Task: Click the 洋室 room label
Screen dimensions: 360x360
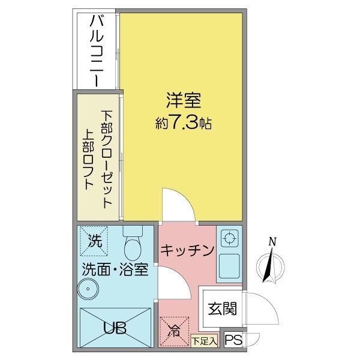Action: coord(183,98)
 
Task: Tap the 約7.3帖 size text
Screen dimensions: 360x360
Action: coord(183,124)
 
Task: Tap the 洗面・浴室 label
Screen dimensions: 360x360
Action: coord(115,269)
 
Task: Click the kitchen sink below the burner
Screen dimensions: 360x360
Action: coord(229,265)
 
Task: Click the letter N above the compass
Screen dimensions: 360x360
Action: coord(272,241)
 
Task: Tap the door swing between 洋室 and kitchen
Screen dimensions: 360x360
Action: coord(177,207)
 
